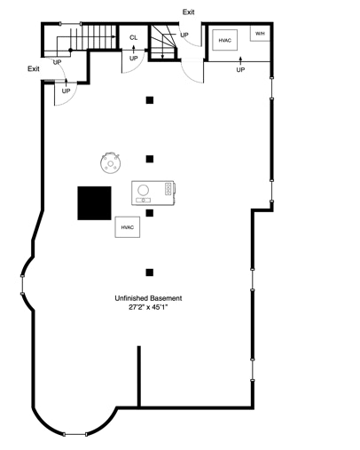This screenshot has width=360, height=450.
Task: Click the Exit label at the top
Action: click(x=188, y=12)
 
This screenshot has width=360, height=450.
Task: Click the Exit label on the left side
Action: click(x=34, y=69)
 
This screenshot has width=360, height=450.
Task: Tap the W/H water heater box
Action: click(x=260, y=34)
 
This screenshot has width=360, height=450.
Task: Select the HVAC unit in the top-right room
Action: click(x=224, y=40)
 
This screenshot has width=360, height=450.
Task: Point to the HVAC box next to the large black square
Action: click(x=128, y=227)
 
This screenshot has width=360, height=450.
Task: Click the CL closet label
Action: click(x=134, y=37)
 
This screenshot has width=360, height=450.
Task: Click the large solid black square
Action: click(x=94, y=203)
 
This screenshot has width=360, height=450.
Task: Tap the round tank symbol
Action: click(x=110, y=163)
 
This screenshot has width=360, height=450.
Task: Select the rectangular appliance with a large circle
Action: click(x=153, y=193)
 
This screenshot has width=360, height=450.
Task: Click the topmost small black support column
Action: click(x=150, y=100)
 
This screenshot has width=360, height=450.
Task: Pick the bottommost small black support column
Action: click(x=150, y=272)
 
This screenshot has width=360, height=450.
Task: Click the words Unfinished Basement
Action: click(x=148, y=298)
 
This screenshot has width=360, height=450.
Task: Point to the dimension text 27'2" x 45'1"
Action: click(x=148, y=307)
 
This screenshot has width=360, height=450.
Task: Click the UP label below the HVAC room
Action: click(x=240, y=70)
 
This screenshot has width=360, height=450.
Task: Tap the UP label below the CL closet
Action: click(x=134, y=59)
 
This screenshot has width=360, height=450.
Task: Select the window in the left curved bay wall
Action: click(x=22, y=285)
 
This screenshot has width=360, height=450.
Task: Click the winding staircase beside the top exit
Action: click(x=164, y=42)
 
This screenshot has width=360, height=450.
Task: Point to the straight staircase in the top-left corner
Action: click(x=98, y=36)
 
